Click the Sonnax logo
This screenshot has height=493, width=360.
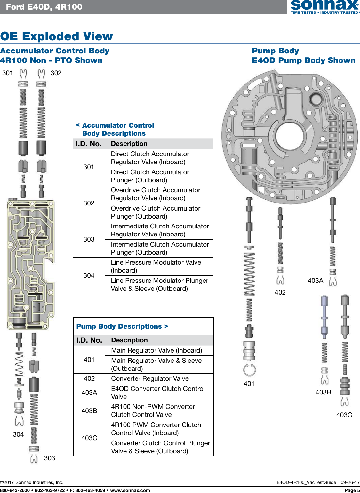[x=324, y=7]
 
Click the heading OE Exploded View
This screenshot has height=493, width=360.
[x=56, y=36]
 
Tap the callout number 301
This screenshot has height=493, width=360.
[x=8, y=73]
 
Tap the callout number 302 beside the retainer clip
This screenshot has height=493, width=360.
[x=56, y=73]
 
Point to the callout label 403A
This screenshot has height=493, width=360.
[x=315, y=281]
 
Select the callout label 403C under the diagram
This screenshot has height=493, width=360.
[x=344, y=415]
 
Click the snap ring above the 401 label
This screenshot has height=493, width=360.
[x=249, y=370]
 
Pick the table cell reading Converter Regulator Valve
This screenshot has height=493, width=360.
[x=150, y=378]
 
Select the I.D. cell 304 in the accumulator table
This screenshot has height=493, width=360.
[x=89, y=275]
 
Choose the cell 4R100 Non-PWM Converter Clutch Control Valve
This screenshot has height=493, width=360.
[x=153, y=411]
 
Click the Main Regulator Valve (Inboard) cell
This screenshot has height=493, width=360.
[x=156, y=350]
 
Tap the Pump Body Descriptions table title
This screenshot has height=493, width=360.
[x=122, y=326]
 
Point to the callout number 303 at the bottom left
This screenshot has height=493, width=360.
[x=50, y=458]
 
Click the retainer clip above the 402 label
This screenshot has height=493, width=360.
[x=280, y=280]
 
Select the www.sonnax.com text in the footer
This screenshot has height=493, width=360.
[x=130, y=490]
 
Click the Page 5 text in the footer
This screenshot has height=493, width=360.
[x=352, y=490]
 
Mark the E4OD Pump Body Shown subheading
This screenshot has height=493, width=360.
[x=303, y=60]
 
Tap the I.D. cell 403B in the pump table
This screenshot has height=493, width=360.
[x=89, y=411]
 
